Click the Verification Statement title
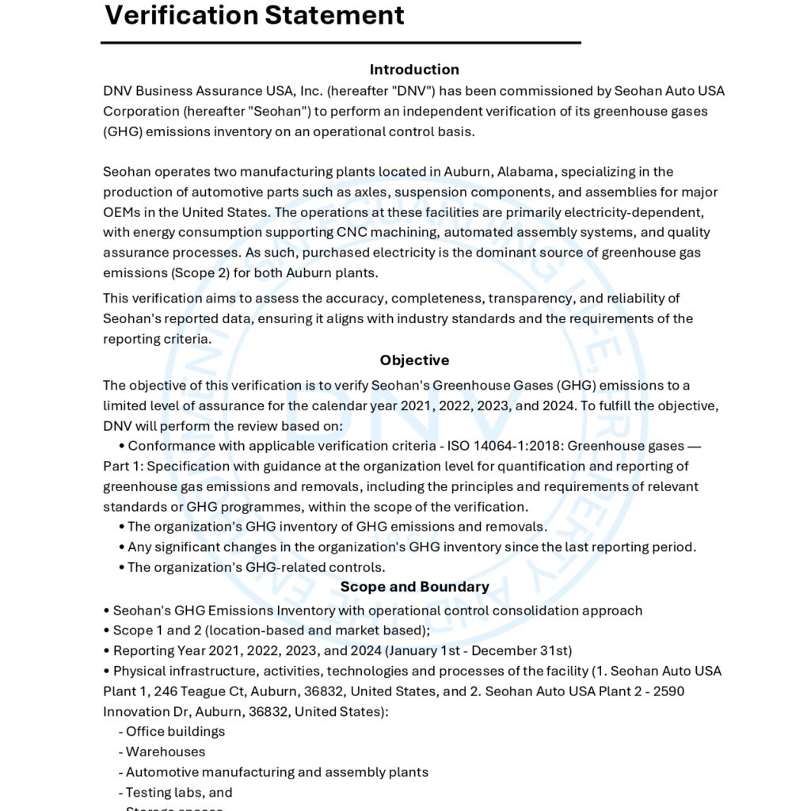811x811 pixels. point(254,14)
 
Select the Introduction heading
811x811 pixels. point(414,70)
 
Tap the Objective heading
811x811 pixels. point(414,360)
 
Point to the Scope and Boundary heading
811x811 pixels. point(414,587)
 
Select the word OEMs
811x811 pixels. point(121,212)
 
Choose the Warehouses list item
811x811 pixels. point(165,752)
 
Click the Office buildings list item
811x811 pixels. point(175,732)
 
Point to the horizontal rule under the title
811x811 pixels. point(341,42)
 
